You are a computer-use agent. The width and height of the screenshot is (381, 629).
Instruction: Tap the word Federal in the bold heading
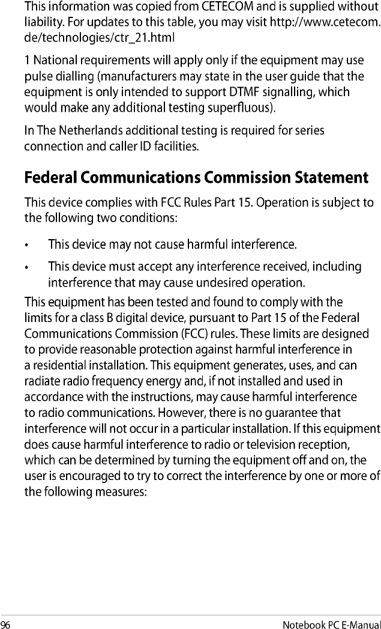pyautogui.click(x=52, y=178)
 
